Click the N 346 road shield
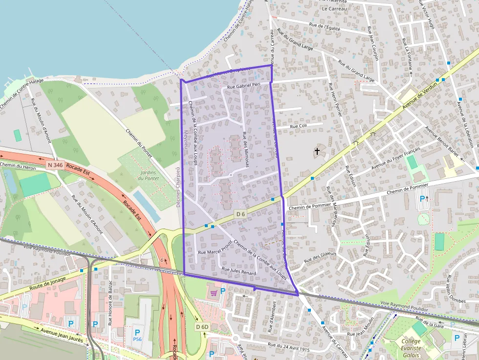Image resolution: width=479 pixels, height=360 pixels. pos(55,166)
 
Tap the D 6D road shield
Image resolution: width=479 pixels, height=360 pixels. pos(202,327)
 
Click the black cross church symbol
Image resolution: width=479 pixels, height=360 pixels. pos(317,152)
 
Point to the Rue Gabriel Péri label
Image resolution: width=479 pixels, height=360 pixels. pos(243,86)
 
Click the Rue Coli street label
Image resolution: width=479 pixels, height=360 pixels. pos(298,126)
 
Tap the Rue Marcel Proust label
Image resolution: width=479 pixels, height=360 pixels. pos(214,252)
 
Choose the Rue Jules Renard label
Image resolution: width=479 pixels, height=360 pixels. pos(239,270)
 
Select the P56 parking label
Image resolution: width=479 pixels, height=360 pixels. pos(137,339)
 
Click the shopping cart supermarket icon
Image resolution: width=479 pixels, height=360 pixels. pos(213,293)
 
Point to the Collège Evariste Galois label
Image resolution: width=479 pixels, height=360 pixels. pos(411,348)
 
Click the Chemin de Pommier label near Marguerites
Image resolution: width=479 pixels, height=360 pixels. pos(311,207)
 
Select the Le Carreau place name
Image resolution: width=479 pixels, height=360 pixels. pos(334,9)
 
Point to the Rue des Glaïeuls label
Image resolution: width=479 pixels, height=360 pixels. pos(321,256)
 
